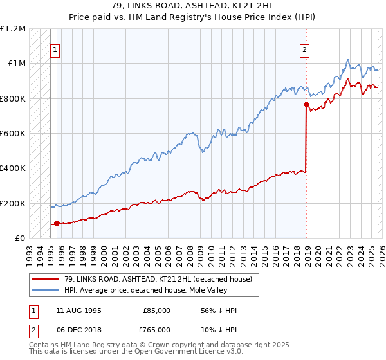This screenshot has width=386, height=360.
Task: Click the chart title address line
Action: pos(193,5)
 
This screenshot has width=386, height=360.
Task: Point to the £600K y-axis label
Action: pos(13,134)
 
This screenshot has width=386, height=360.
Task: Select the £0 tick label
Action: pos(19,239)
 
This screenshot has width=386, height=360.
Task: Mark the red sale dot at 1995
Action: pos(57,224)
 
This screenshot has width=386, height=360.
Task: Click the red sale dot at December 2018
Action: pos(306,105)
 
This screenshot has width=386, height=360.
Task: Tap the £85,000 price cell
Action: pos(156,310)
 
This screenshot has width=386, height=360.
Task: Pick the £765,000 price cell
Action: pos(156,328)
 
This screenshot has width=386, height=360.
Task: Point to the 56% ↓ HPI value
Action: pos(219,310)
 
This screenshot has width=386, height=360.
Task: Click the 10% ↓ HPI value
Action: pos(219,328)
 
